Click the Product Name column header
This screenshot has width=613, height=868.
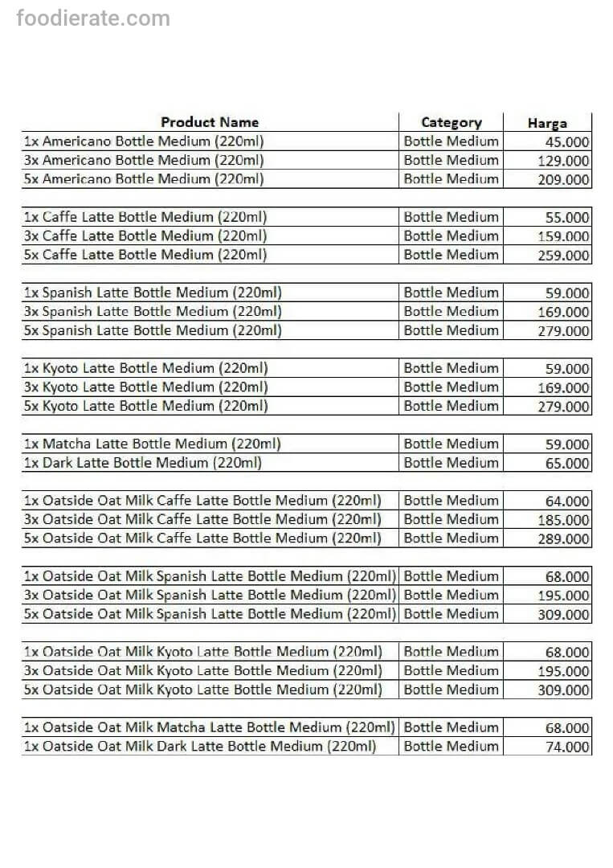210,122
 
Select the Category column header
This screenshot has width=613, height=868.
452,123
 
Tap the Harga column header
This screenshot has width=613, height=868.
547,124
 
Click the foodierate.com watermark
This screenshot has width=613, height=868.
93,18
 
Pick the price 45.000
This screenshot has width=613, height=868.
567,142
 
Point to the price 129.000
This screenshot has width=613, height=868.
563,161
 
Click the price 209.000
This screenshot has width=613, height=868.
563,180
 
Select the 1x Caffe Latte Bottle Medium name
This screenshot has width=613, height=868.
145,217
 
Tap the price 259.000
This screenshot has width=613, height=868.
563,256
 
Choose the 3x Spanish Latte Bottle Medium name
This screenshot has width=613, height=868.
153,312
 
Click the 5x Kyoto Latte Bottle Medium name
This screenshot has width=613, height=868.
145,407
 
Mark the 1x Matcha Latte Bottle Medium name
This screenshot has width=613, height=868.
152,444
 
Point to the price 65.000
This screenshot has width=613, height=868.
567,464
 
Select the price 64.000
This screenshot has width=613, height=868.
567,502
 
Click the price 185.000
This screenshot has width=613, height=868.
563,520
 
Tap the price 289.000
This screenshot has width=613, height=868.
563,539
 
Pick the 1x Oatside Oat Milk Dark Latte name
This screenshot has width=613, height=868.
199,747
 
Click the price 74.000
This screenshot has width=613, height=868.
567,747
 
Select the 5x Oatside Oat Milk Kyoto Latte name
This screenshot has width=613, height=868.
202,690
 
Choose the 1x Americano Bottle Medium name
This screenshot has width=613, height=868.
144,141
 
